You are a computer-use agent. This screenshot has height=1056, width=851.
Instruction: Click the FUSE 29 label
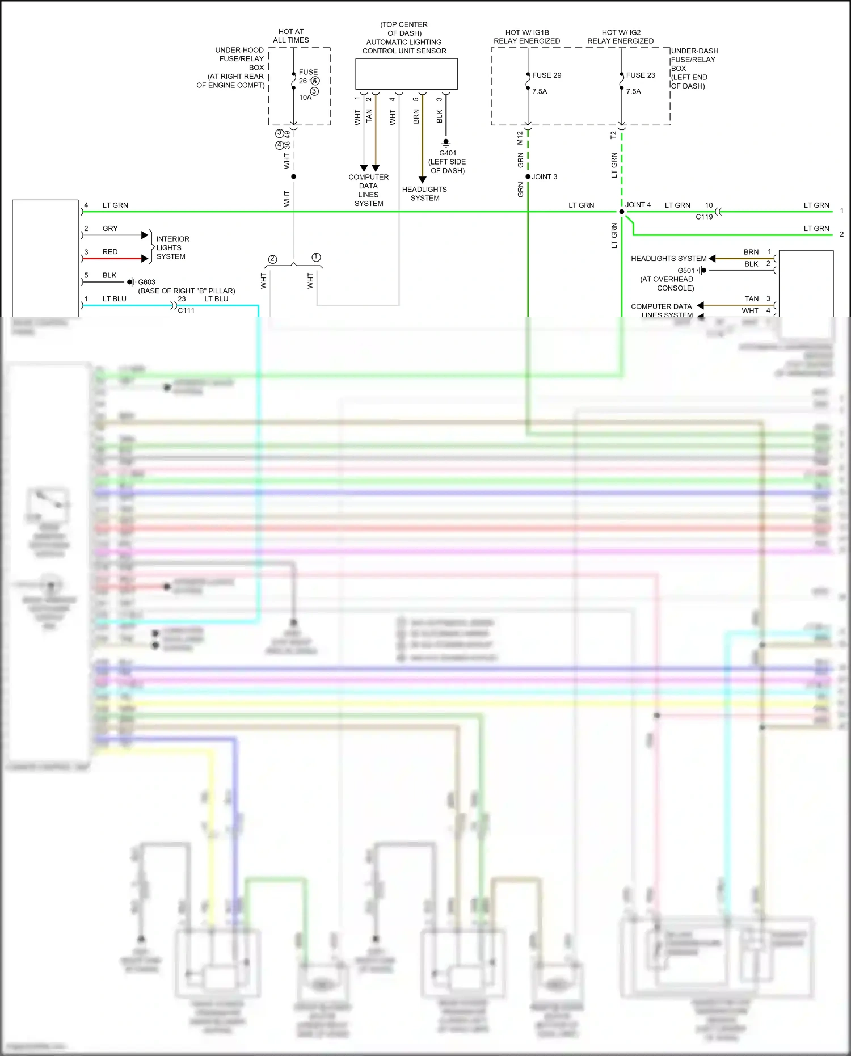[x=546, y=75]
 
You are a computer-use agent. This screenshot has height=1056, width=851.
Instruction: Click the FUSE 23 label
[x=641, y=75]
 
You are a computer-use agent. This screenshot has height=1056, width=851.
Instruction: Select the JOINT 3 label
[x=544, y=177]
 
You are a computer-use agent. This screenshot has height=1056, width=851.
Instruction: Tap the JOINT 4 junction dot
[x=622, y=212]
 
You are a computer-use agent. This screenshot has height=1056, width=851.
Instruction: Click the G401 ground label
[x=447, y=153]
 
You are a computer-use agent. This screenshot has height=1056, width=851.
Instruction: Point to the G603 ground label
[x=146, y=282]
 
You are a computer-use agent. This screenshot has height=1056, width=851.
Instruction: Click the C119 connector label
[x=704, y=217]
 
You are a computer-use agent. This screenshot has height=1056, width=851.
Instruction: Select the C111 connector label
[x=186, y=310]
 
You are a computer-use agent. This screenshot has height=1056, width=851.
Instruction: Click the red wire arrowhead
[x=145, y=259]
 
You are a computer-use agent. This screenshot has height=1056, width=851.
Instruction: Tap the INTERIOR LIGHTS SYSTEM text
[x=172, y=248]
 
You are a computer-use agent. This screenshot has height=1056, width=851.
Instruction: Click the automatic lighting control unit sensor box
[x=406, y=74]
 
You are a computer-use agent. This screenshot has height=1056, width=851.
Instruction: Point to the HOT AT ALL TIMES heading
[x=291, y=36]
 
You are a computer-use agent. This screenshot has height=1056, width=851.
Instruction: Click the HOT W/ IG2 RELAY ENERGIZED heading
[x=620, y=37]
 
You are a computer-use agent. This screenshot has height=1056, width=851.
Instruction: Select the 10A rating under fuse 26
[x=305, y=98]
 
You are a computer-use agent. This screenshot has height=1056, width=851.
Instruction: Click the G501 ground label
[x=685, y=271]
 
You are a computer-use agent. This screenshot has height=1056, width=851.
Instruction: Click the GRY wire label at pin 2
[x=110, y=229]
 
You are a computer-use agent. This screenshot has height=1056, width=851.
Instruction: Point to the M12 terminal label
[x=520, y=138]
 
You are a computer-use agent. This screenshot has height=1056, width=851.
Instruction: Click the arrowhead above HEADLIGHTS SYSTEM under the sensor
[x=422, y=180]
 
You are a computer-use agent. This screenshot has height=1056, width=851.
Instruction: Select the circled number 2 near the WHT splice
[x=273, y=259]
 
